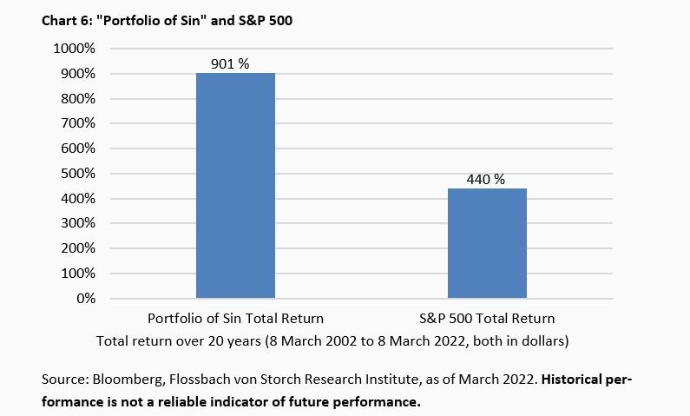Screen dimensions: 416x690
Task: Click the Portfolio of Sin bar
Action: point(235,186)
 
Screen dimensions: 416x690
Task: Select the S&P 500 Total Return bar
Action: point(487,243)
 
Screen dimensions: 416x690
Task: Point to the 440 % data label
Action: point(487,180)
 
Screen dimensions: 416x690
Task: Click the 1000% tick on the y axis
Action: point(76,49)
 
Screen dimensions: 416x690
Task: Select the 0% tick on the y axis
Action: point(85,299)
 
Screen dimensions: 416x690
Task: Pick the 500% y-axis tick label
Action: point(79,174)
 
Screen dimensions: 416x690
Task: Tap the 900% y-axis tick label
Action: point(79,74)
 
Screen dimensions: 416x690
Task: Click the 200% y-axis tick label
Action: point(79,248)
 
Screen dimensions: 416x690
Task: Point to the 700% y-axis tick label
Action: point(79,123)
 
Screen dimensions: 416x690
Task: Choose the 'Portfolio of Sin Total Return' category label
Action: point(235,318)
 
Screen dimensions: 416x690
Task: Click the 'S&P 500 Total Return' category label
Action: point(487,318)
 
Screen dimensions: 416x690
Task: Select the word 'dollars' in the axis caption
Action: point(541,340)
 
